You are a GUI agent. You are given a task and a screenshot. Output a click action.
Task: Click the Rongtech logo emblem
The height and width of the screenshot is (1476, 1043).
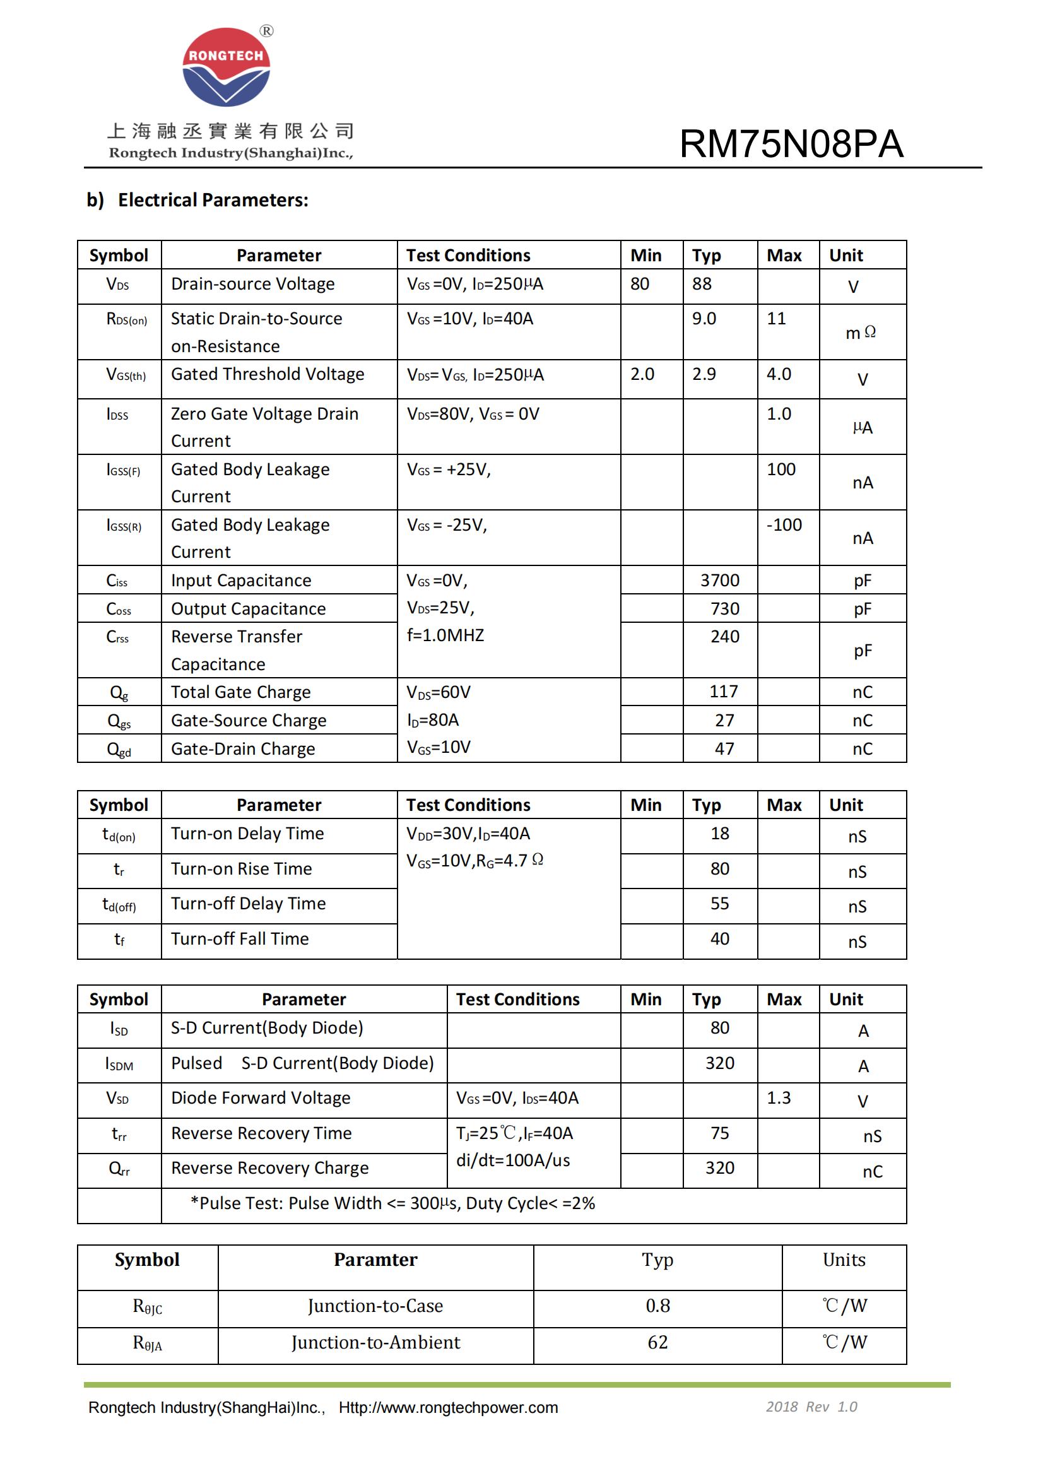227,67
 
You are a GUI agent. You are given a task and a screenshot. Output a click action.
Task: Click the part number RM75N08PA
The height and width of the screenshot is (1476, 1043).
791,143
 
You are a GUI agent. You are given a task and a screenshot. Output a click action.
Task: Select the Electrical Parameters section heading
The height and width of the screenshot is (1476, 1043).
197,200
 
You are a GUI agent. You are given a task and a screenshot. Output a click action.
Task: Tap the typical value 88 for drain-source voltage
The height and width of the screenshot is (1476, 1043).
702,284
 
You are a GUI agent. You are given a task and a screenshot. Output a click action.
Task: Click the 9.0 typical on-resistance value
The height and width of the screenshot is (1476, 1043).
704,319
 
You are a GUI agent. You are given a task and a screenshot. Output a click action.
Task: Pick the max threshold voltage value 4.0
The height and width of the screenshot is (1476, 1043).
779,374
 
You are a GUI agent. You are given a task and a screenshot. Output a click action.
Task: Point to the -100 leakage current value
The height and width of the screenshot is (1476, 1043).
784,524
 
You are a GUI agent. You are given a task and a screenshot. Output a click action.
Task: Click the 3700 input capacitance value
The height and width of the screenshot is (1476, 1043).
720,581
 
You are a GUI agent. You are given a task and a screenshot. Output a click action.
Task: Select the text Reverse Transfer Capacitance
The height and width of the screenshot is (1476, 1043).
237,650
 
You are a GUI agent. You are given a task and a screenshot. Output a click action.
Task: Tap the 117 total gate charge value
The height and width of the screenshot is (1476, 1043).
724,692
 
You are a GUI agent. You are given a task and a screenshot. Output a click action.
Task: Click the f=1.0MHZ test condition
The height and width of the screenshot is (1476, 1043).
445,636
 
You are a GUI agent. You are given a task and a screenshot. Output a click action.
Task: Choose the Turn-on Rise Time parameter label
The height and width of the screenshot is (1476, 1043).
241,869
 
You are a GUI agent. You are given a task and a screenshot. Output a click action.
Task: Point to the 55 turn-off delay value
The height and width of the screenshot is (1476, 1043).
720,904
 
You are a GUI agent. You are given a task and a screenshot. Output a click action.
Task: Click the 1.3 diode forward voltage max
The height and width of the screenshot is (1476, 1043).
779,1098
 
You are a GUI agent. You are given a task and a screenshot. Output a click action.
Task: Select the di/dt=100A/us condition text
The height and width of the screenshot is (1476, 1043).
513,1160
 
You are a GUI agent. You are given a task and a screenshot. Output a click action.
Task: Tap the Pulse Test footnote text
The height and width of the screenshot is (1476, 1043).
392,1203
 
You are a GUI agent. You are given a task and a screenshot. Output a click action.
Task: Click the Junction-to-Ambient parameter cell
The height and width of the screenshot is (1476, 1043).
375,1342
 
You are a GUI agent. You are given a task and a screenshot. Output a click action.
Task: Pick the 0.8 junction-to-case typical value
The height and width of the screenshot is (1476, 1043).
657,1306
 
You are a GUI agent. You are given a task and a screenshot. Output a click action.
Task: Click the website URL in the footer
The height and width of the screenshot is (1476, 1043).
448,1408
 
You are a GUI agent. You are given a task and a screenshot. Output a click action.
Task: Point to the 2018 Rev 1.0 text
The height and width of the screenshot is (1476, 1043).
811,1407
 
